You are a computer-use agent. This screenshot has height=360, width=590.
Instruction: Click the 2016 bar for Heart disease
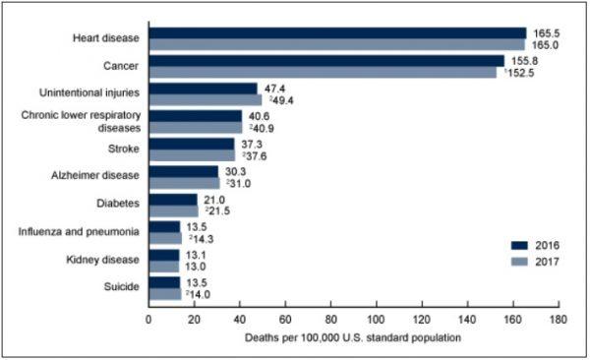pos(336,32)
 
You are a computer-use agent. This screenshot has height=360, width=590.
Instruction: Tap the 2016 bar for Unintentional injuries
pos(203,88)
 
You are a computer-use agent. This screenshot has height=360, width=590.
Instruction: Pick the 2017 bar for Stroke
pos(191,155)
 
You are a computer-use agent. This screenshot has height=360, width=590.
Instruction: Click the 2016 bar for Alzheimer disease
pos(183,171)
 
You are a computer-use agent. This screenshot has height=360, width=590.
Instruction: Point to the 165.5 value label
pos(544,32)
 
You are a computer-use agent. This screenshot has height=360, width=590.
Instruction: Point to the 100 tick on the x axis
pos(376,319)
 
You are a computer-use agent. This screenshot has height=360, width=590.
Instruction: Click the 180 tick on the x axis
pos(558,319)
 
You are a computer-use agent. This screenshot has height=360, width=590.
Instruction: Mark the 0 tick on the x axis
pos(148,319)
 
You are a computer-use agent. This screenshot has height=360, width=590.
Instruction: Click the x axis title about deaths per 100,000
pos(352,338)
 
